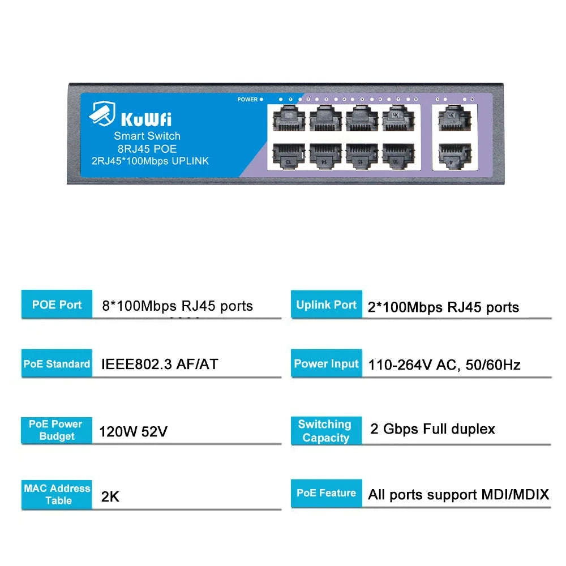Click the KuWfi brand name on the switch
coord(147,119)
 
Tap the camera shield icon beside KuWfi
coord(102,113)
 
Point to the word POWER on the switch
coord(247,100)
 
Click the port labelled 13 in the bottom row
coord(289,154)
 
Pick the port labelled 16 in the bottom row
coord(398,154)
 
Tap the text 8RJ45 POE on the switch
coord(147,149)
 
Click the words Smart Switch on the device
coord(147,136)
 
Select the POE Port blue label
coord(57,305)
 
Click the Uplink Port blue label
coord(327,305)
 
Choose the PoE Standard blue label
coord(57,364)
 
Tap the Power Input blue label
coord(327,364)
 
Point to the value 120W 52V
coord(133,432)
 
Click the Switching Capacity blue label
coord(325,431)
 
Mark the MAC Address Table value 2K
coord(110,497)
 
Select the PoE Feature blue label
coord(327,493)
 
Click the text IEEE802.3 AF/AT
coord(159,364)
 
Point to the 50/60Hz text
coord(493,365)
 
